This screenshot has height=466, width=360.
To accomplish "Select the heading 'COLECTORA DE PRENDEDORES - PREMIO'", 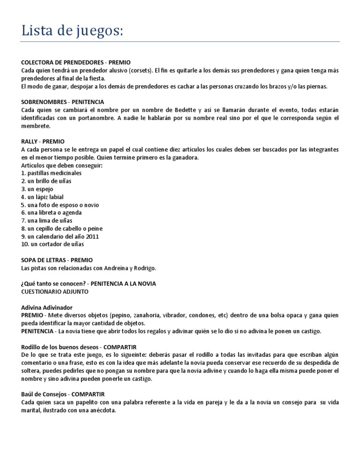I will point(76,62).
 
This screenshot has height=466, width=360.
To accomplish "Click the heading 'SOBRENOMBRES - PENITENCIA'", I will point(63,102).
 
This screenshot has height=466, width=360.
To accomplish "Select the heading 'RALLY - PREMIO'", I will point(43,141).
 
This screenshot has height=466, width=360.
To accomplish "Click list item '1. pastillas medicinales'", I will point(52,173).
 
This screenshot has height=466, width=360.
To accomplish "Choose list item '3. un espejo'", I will point(37,189).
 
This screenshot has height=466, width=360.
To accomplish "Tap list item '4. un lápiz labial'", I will point(43,197).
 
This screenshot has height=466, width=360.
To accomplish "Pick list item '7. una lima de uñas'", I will point(47,220).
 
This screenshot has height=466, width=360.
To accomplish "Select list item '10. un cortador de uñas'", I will point(53,244).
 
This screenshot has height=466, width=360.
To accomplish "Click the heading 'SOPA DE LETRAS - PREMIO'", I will point(57,260).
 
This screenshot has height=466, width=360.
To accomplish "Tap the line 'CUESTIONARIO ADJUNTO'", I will point(55,291).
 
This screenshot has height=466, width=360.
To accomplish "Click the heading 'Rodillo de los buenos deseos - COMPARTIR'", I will point(79,347).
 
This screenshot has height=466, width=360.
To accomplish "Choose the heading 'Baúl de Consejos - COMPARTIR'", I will point(63,394).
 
